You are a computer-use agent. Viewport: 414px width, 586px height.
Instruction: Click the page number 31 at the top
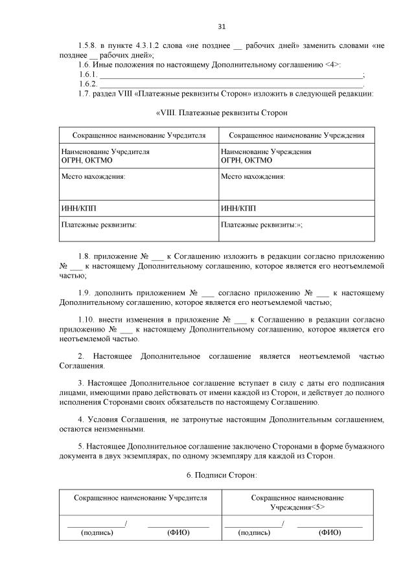point(222,27)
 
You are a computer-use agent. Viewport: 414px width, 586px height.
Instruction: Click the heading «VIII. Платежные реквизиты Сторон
point(222,113)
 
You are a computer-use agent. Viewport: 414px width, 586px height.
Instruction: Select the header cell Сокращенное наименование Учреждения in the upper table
point(297,135)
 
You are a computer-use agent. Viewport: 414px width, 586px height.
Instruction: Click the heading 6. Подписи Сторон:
point(222,475)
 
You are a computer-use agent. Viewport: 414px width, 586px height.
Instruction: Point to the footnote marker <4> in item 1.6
point(331,65)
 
